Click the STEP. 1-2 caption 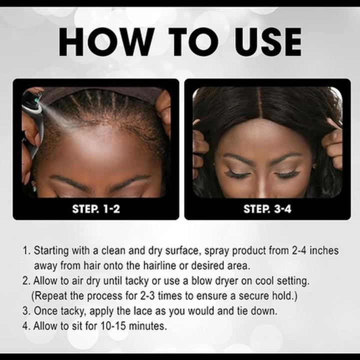95,209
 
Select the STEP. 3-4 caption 267,209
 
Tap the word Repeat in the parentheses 51,296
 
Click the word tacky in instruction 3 70,311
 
